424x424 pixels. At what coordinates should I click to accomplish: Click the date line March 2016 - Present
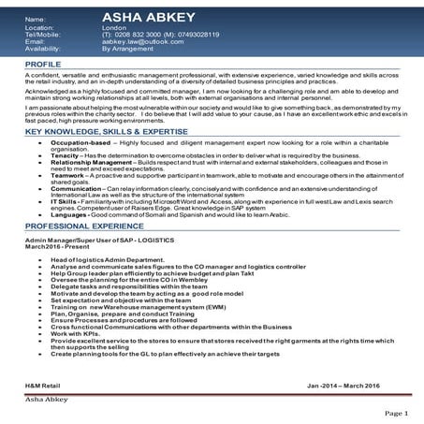click(53, 248)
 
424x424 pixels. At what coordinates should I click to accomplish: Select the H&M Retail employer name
click(42, 385)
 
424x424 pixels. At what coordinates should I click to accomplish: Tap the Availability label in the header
click(43, 49)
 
